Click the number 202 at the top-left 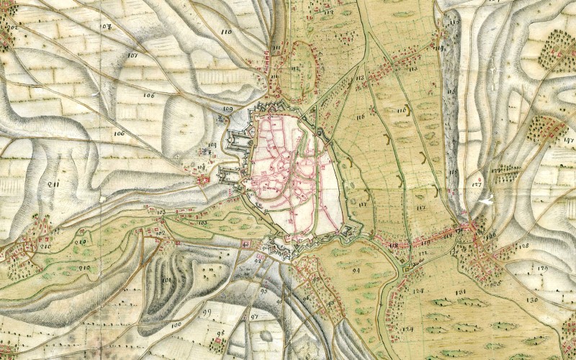point(11,27)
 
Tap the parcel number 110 point(228,32)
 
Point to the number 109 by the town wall point(228,109)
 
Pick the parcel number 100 point(176,325)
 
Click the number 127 point(476,185)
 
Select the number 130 point(532,300)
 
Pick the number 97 point(254,316)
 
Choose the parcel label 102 point(160,233)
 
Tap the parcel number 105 point(202,224)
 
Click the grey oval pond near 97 point(266,336)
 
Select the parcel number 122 point(423,256)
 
